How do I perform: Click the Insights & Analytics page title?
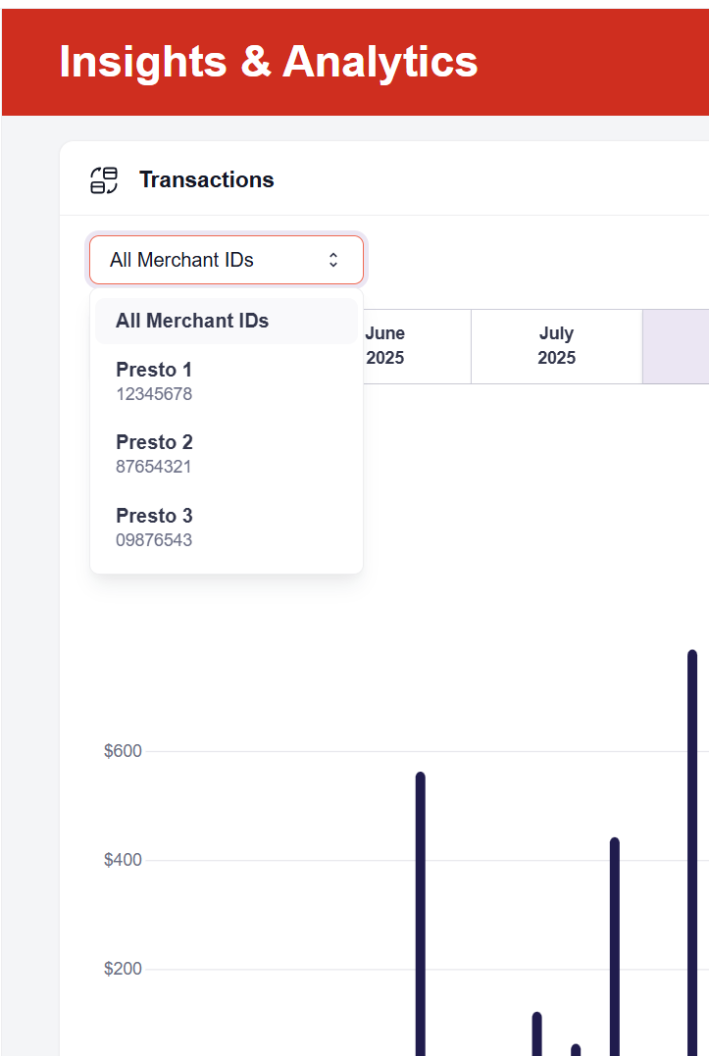(x=269, y=62)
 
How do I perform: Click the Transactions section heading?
(x=206, y=179)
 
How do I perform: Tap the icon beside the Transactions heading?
(x=104, y=179)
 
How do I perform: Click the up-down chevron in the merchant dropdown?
(x=333, y=260)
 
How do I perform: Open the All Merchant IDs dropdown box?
(x=226, y=260)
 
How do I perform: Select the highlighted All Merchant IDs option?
(x=192, y=321)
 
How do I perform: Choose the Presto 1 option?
(x=154, y=370)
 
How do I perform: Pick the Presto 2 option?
(x=154, y=442)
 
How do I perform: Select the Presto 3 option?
(x=154, y=516)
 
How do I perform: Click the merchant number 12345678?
(x=154, y=394)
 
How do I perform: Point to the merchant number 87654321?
(x=154, y=467)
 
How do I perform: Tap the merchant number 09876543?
(x=154, y=540)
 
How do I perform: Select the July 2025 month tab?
(x=556, y=346)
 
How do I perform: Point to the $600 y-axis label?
(x=123, y=751)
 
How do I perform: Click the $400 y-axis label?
(x=123, y=860)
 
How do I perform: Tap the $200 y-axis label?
(x=123, y=969)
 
